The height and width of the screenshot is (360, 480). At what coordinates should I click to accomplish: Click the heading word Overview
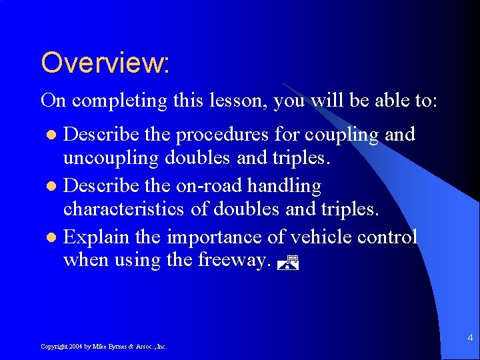pos(105,63)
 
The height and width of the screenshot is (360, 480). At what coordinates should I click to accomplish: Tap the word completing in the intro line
pos(119,101)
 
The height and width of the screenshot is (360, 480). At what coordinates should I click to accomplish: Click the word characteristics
pos(124,209)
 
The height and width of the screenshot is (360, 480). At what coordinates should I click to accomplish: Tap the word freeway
pos(233,261)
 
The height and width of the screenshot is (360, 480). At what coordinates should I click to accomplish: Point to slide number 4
pos(469,337)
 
